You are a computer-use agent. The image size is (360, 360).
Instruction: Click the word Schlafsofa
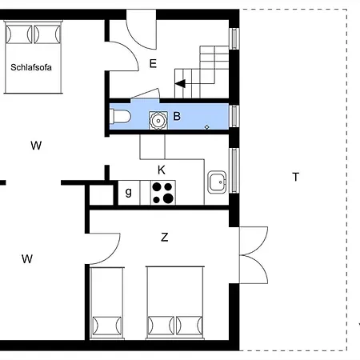click(x=31, y=67)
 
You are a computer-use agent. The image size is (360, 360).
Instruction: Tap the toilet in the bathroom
click(x=120, y=117)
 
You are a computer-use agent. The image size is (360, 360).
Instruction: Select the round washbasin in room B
click(x=158, y=121)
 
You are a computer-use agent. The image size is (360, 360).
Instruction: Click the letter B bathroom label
click(x=177, y=116)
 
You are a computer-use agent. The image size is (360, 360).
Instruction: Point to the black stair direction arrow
click(x=180, y=83)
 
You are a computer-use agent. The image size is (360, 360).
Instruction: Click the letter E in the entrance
click(x=153, y=64)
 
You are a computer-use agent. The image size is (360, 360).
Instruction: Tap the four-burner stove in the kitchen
click(x=162, y=193)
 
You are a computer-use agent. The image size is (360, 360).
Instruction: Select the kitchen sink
click(x=217, y=182)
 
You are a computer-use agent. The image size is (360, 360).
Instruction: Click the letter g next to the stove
click(x=129, y=192)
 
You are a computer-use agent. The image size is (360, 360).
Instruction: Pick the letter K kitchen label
click(x=162, y=170)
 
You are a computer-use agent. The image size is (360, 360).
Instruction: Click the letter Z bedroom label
click(x=165, y=237)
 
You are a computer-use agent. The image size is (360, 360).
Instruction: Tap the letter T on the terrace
click(x=295, y=177)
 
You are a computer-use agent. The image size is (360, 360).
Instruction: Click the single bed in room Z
click(x=107, y=303)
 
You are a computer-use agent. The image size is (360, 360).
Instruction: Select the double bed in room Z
click(x=175, y=302)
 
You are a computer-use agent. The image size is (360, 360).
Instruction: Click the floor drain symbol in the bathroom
click(x=207, y=127)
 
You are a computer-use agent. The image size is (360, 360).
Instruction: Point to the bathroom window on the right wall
click(x=234, y=116)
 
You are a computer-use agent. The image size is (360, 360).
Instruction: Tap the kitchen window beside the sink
click(x=234, y=170)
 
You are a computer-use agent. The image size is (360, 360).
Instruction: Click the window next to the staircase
click(x=234, y=38)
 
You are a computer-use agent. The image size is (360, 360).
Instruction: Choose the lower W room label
click(x=27, y=259)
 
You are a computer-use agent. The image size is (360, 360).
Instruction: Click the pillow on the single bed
click(x=107, y=326)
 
